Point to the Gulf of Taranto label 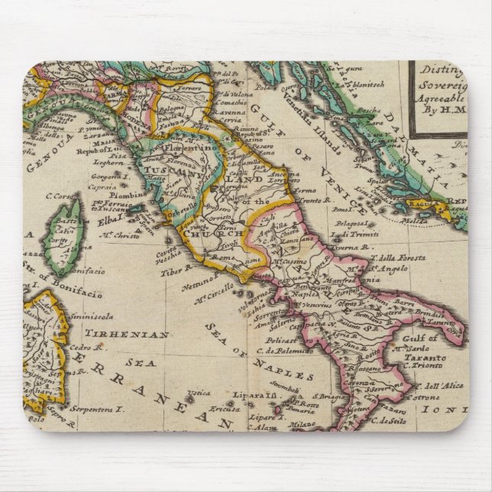tap(432, 348)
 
